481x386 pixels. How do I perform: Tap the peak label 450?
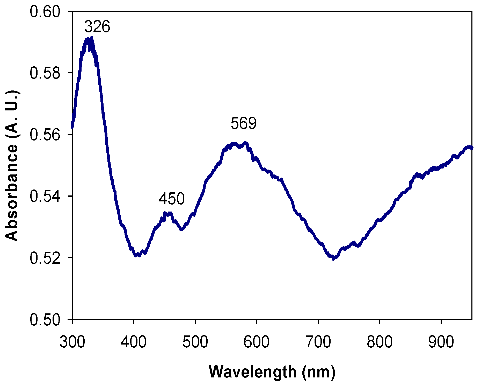[172, 199]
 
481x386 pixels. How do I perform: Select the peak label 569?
[243, 123]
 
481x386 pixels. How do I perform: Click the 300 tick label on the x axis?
[72, 342]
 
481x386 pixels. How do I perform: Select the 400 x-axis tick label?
[134, 342]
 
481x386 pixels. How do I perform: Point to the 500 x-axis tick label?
[195, 342]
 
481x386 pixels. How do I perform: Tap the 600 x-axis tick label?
[257, 342]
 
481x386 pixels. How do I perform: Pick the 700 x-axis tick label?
[318, 342]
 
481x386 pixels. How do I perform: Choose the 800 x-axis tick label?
[380, 342]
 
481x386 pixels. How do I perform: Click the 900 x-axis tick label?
[441, 342]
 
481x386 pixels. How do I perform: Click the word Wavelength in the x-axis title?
[252, 372]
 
